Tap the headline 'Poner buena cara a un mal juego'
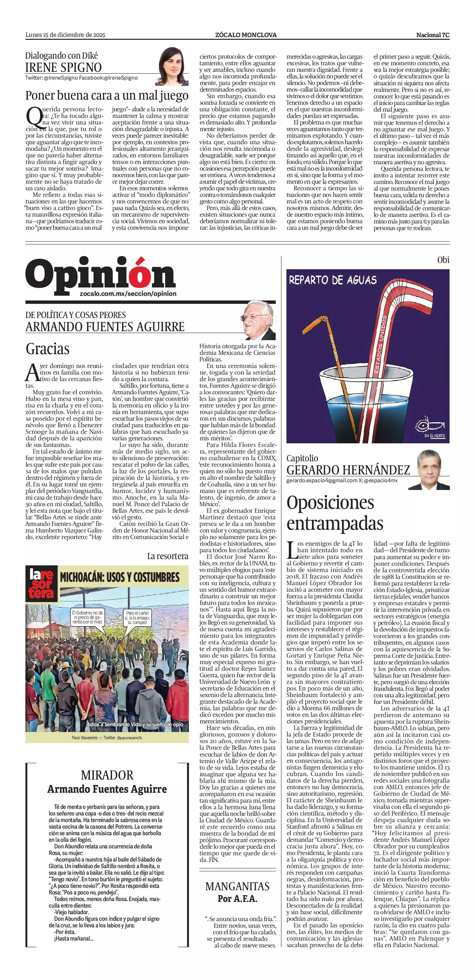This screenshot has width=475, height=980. point(107,95)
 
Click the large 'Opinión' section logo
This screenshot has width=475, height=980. point(101,273)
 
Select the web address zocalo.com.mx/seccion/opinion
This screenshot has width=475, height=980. point(128,294)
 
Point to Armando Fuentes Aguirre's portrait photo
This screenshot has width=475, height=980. point(259,321)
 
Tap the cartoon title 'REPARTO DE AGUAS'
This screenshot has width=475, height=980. point(333,281)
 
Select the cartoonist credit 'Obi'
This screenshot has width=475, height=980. point(443,260)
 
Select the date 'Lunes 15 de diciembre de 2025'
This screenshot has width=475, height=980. point(65,35)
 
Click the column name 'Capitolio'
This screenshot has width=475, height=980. point(302,458)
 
